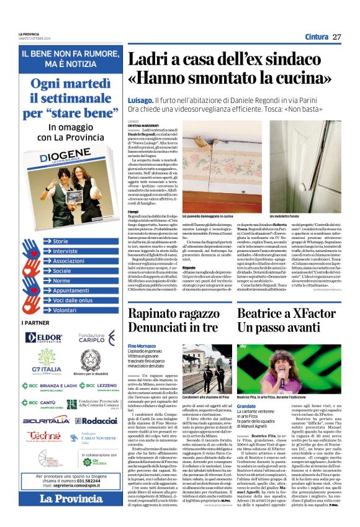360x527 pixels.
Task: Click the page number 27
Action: (x=336, y=37)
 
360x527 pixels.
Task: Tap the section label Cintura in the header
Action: (x=316, y=37)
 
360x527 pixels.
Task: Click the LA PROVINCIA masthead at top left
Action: (x=28, y=34)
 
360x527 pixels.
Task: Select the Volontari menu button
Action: (x=65, y=310)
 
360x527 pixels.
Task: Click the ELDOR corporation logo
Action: (x=45, y=338)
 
